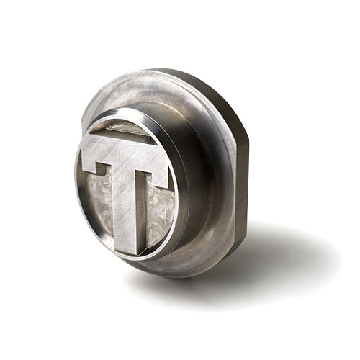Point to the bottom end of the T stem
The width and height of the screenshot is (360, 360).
(x=125, y=251)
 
